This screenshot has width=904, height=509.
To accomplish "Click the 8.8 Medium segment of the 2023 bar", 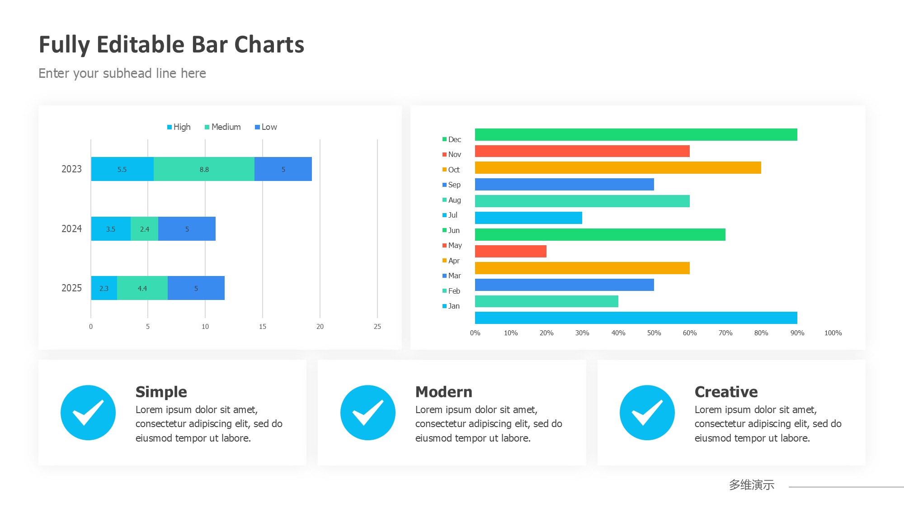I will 204,169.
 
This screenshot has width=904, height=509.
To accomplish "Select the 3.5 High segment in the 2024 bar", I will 111,229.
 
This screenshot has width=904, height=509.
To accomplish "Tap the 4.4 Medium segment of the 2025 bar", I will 142,288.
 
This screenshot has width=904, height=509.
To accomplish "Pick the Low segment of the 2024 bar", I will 187,229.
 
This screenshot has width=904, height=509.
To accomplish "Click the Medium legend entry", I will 223,127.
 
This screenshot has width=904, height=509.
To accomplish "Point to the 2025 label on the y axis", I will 71,288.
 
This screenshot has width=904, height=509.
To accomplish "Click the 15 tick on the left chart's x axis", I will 263,327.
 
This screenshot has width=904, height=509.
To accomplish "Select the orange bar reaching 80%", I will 618,168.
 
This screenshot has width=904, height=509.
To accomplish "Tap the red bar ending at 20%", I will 511,252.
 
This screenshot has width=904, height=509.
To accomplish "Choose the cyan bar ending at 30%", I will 528,218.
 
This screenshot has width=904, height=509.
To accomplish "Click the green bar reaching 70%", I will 600,235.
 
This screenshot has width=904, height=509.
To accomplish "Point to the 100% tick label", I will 833,333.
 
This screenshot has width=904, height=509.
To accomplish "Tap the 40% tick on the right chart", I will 618,333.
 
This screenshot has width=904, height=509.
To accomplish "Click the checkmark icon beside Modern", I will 368,413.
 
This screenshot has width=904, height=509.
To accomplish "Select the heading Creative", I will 726,392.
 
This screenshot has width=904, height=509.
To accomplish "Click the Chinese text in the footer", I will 751,485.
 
